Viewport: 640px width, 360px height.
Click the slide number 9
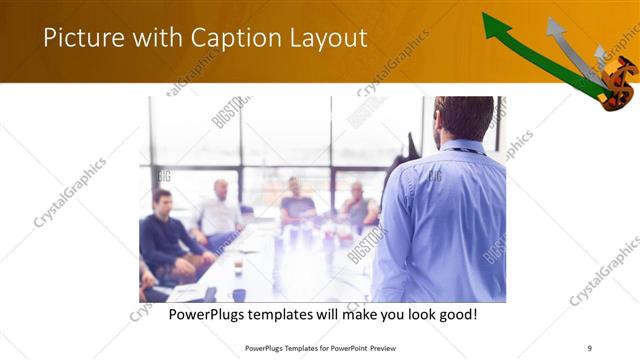[x=590, y=347]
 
